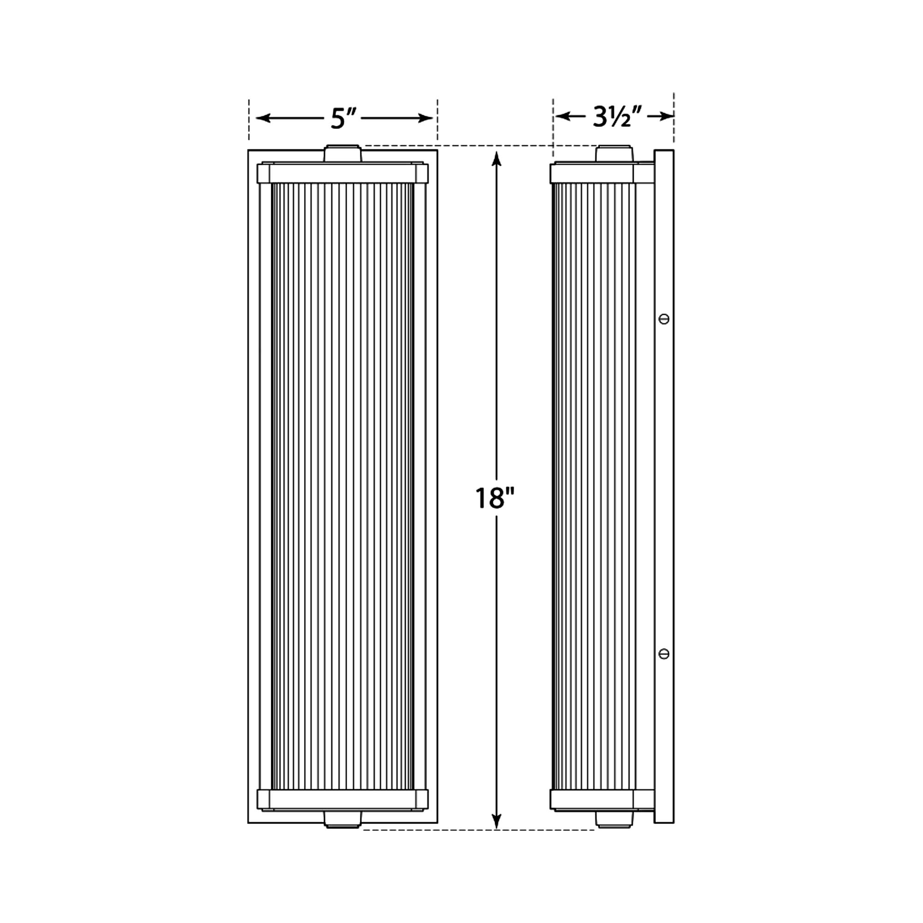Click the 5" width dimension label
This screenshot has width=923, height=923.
coord(344,119)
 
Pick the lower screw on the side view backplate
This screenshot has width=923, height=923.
coord(664,653)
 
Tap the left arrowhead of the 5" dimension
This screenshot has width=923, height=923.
coord(263,119)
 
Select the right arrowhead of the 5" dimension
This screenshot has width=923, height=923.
coord(425,119)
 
